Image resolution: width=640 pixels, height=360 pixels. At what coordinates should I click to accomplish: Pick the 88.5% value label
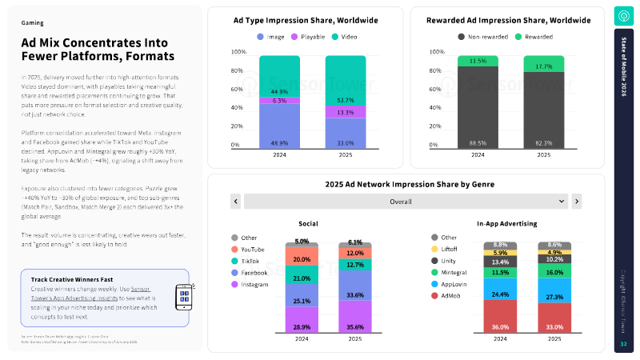tap(478, 143)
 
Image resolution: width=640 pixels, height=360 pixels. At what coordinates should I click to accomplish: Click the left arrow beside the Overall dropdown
tap(235, 202)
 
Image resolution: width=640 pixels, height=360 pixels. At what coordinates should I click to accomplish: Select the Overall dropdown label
tap(402, 202)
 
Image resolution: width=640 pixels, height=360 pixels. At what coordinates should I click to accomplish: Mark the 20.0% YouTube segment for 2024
tap(302, 259)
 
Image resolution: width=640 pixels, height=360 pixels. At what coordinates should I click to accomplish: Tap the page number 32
tap(624, 343)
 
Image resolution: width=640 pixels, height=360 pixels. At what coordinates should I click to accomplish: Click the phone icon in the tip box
tap(184, 297)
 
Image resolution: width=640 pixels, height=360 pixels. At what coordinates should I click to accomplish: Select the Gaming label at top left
tap(32, 23)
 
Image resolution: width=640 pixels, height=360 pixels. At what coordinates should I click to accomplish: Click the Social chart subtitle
tap(308, 223)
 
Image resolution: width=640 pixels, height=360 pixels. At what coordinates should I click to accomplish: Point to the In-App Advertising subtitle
tap(506, 223)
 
